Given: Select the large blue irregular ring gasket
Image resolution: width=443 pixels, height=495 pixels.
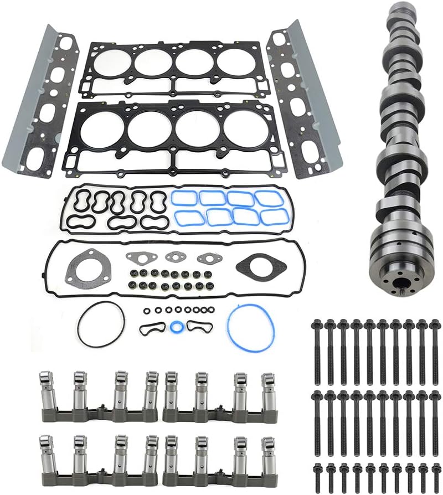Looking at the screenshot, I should [x=250, y=327].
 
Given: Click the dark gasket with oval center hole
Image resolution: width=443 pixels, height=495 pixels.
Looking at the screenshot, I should [x=261, y=266].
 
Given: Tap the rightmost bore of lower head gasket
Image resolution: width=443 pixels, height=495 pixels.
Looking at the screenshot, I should [x=243, y=129].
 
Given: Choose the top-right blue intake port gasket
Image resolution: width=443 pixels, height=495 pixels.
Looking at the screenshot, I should [x=268, y=198].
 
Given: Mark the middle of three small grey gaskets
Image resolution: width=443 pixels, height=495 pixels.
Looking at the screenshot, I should [x=175, y=257].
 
